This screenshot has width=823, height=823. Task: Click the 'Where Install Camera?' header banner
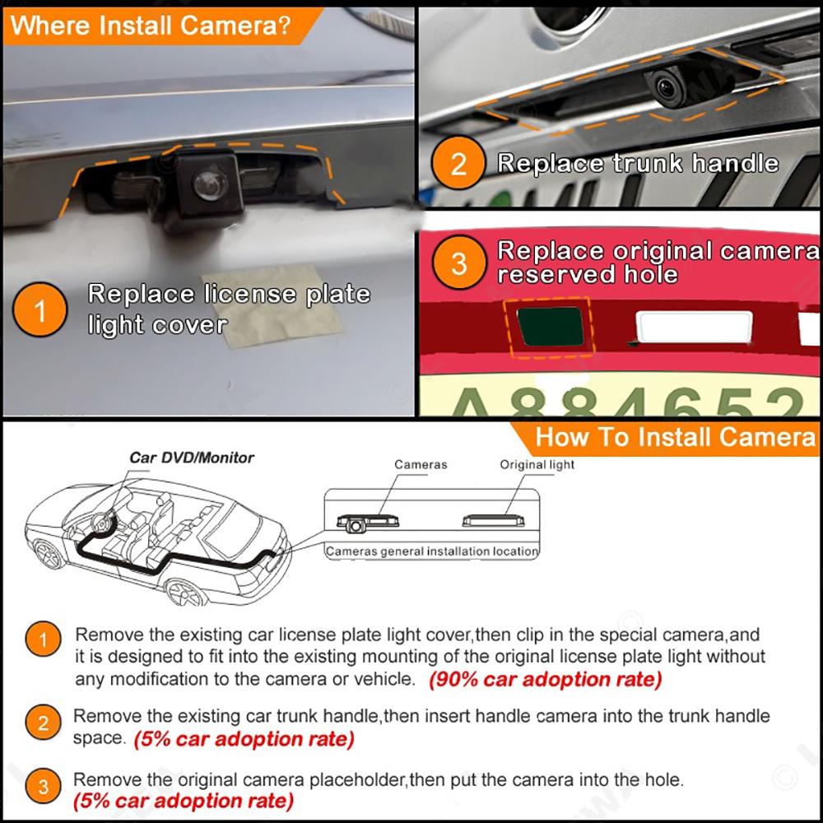[152, 25]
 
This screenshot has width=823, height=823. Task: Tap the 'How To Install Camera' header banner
[675, 437]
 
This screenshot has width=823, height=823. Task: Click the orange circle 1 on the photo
[40, 311]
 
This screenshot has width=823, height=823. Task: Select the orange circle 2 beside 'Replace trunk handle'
[458, 164]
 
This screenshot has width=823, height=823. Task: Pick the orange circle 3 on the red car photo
[458, 263]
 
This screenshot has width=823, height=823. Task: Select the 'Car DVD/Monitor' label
[192, 458]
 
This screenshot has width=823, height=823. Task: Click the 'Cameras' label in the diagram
[421, 464]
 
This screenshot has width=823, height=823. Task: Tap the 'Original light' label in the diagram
[537, 464]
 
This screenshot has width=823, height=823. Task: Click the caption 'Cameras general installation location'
[432, 551]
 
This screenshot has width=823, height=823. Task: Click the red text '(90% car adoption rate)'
[545, 680]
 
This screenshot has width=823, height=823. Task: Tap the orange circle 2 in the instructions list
[44, 723]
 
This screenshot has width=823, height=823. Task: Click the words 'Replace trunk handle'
[638, 163]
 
